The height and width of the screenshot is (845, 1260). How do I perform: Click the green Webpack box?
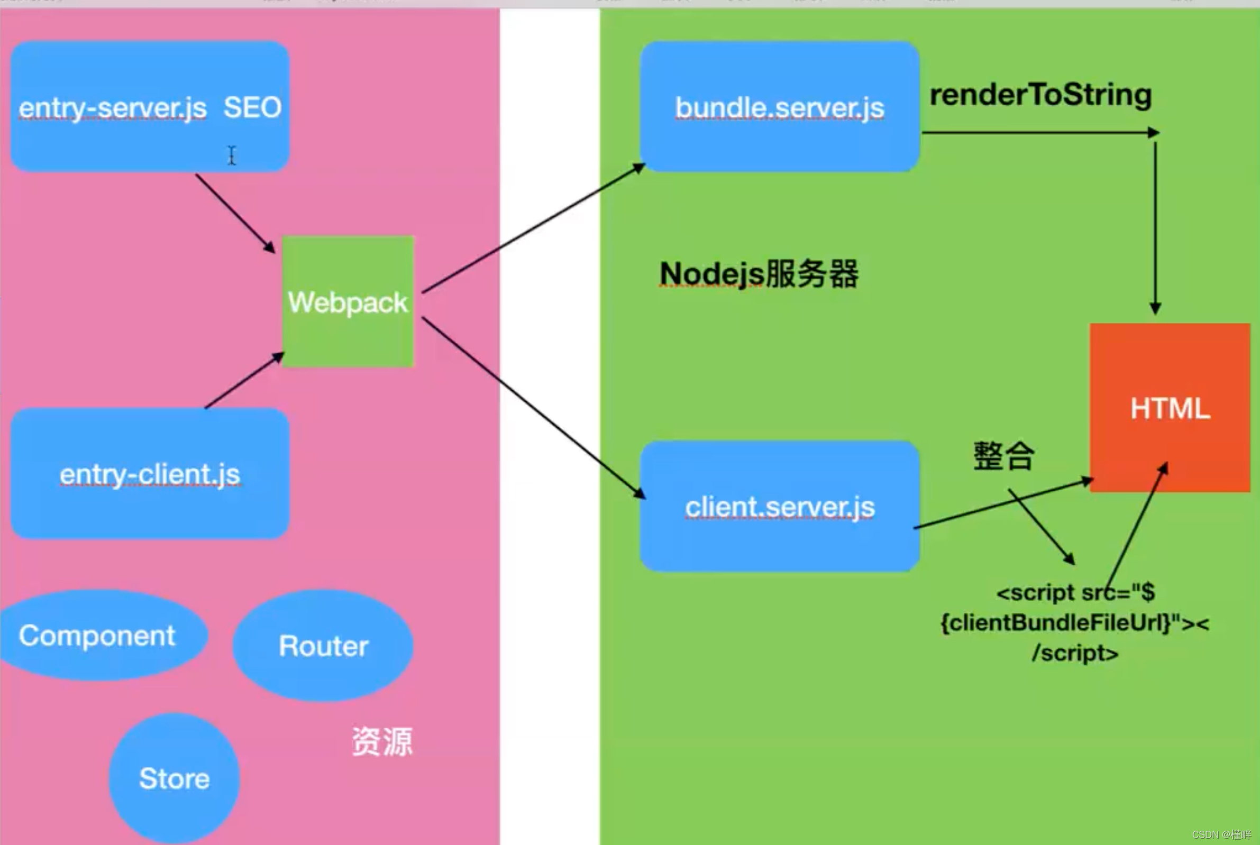[x=348, y=302]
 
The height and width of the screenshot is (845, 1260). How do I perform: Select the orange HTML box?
[x=1170, y=408]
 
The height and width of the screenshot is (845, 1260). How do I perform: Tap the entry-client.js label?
[x=150, y=475]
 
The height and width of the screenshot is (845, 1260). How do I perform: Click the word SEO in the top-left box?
[x=252, y=107]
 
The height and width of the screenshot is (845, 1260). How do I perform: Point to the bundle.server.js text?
[x=779, y=108]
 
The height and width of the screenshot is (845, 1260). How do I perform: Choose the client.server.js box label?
[x=779, y=507]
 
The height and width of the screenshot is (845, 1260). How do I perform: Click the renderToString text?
[x=1040, y=95]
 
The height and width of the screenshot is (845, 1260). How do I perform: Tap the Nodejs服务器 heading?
[x=759, y=274]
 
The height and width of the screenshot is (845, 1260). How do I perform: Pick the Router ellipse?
[x=323, y=646]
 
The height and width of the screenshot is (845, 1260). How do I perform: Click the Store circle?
[x=174, y=778]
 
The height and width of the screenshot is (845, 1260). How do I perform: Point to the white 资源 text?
[x=382, y=741]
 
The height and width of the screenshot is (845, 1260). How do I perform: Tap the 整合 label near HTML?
[x=1003, y=456]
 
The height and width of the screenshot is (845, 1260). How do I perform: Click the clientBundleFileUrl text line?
[x=1075, y=623]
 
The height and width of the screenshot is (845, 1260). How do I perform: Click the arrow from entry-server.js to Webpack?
[x=234, y=213]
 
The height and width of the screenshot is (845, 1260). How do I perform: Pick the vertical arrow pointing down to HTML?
[x=1155, y=226]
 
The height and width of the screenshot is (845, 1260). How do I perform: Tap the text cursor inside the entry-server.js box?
[x=232, y=155]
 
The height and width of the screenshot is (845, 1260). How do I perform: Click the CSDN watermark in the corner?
[x=1221, y=834]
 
